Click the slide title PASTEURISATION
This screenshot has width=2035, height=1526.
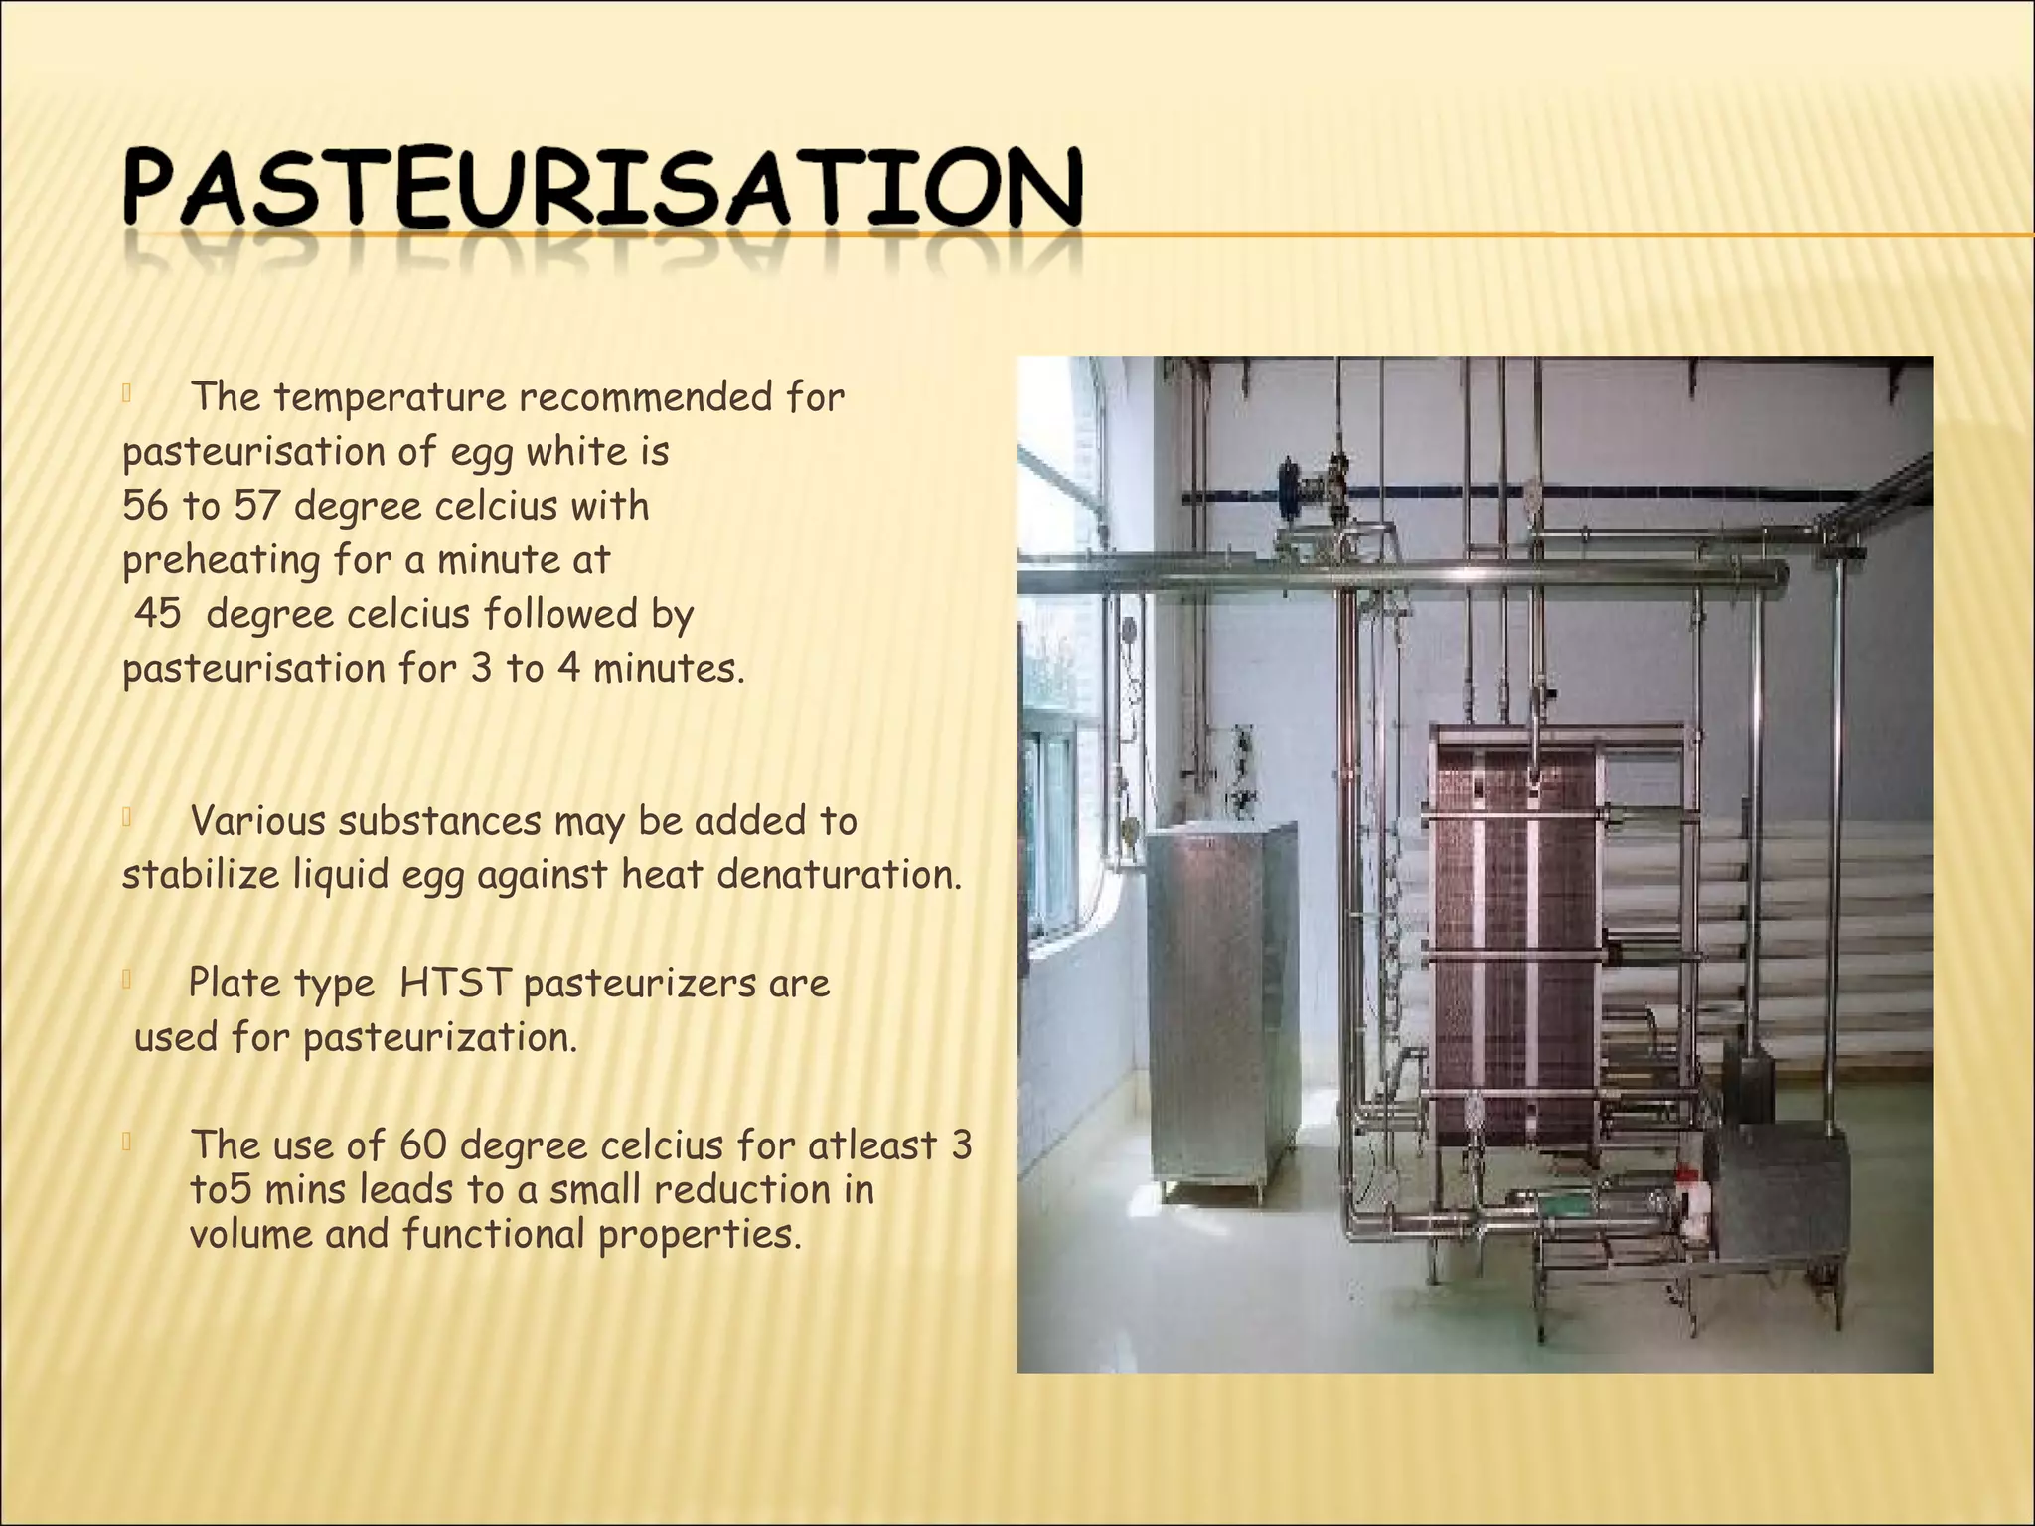pyautogui.click(x=602, y=189)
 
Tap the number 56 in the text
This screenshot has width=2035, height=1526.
pyautogui.click(x=145, y=506)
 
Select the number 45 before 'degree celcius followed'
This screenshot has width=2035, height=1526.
pyautogui.click(x=157, y=613)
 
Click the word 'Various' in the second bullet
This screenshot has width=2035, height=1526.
pyautogui.click(x=256, y=821)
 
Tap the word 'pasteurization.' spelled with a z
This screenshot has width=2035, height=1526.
pyautogui.click(x=439, y=1038)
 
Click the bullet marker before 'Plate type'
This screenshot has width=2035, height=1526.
pyautogui.click(x=127, y=982)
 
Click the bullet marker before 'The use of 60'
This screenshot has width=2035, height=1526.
pyautogui.click(x=127, y=1144)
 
